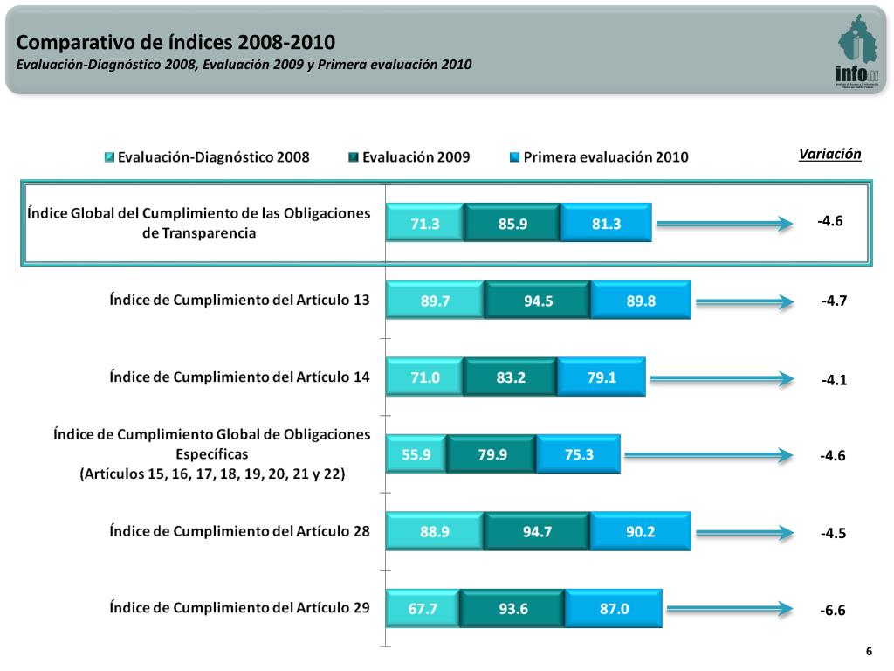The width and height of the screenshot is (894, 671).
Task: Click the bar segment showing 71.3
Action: click(x=425, y=224)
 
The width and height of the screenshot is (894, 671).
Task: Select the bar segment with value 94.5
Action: click(x=537, y=301)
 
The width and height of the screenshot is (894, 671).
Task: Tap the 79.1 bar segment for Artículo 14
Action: click(x=601, y=378)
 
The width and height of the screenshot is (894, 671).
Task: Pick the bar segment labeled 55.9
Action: click(x=416, y=454)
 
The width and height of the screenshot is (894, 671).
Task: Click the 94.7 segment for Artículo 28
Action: click(x=537, y=531)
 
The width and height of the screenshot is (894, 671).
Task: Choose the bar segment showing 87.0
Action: click(x=613, y=609)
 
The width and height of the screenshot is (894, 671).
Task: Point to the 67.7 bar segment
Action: click(x=423, y=609)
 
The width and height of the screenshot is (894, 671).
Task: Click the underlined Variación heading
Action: click(x=829, y=154)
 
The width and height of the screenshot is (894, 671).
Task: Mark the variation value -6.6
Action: click(x=833, y=611)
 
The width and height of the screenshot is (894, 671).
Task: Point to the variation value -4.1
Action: click(x=834, y=380)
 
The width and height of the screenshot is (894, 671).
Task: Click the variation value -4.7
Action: click(x=834, y=301)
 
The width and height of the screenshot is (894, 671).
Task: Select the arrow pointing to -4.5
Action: click(x=746, y=531)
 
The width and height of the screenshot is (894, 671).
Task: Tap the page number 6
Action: click(x=869, y=652)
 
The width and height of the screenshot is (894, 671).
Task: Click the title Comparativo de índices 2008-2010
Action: click(x=175, y=42)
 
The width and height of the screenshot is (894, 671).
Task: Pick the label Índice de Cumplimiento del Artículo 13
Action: click(x=239, y=300)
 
